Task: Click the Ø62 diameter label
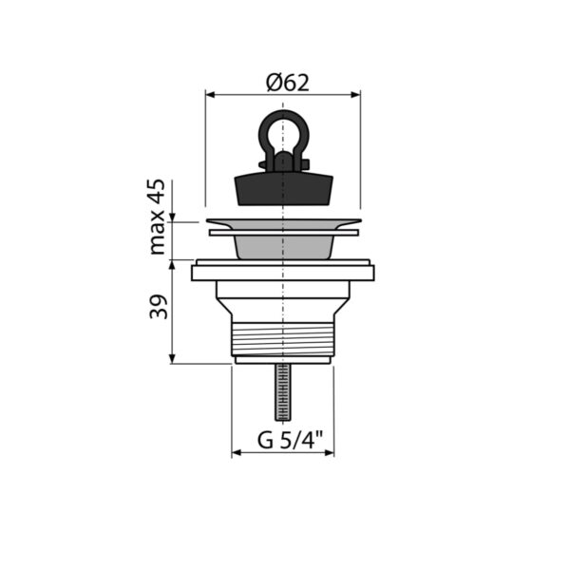(x=288, y=83)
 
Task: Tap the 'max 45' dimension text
(x=157, y=217)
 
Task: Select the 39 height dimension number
(x=159, y=307)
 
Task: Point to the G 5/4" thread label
(x=290, y=439)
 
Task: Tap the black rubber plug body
(x=283, y=190)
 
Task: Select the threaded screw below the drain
(x=283, y=391)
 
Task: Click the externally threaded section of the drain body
(x=283, y=339)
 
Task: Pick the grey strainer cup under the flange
(x=283, y=247)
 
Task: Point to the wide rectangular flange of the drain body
(x=283, y=273)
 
